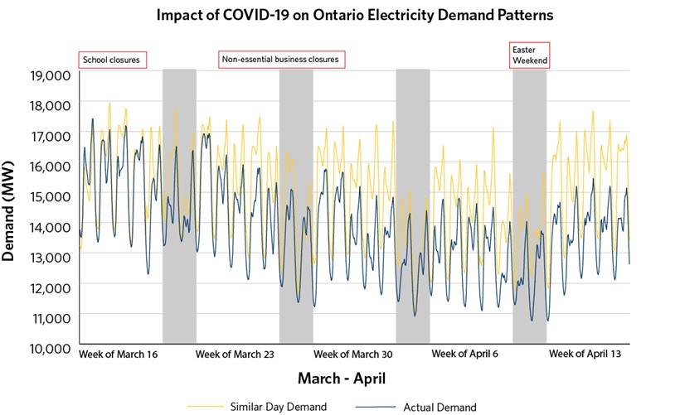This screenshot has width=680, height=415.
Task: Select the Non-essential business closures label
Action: (x=281, y=60)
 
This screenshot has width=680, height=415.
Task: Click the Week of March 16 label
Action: (x=118, y=354)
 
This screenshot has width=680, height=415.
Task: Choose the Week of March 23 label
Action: (x=235, y=354)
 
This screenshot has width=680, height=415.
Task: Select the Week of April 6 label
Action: (x=466, y=354)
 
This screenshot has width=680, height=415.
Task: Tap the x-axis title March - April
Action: (x=342, y=379)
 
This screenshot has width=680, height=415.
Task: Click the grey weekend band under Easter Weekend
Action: (x=529, y=207)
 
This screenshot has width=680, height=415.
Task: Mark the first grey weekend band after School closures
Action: (x=179, y=207)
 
